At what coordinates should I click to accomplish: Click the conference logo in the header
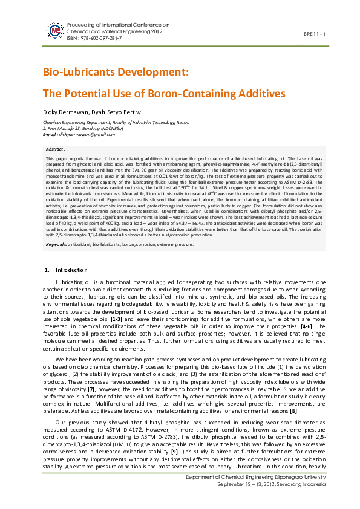point(55,30)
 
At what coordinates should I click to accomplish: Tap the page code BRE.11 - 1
point(314,34)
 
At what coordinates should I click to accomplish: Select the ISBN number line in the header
point(93,38)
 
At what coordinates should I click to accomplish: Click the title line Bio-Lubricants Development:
point(116,73)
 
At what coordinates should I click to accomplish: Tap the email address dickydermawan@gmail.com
point(85,134)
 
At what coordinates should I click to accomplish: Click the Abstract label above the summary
point(56,148)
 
